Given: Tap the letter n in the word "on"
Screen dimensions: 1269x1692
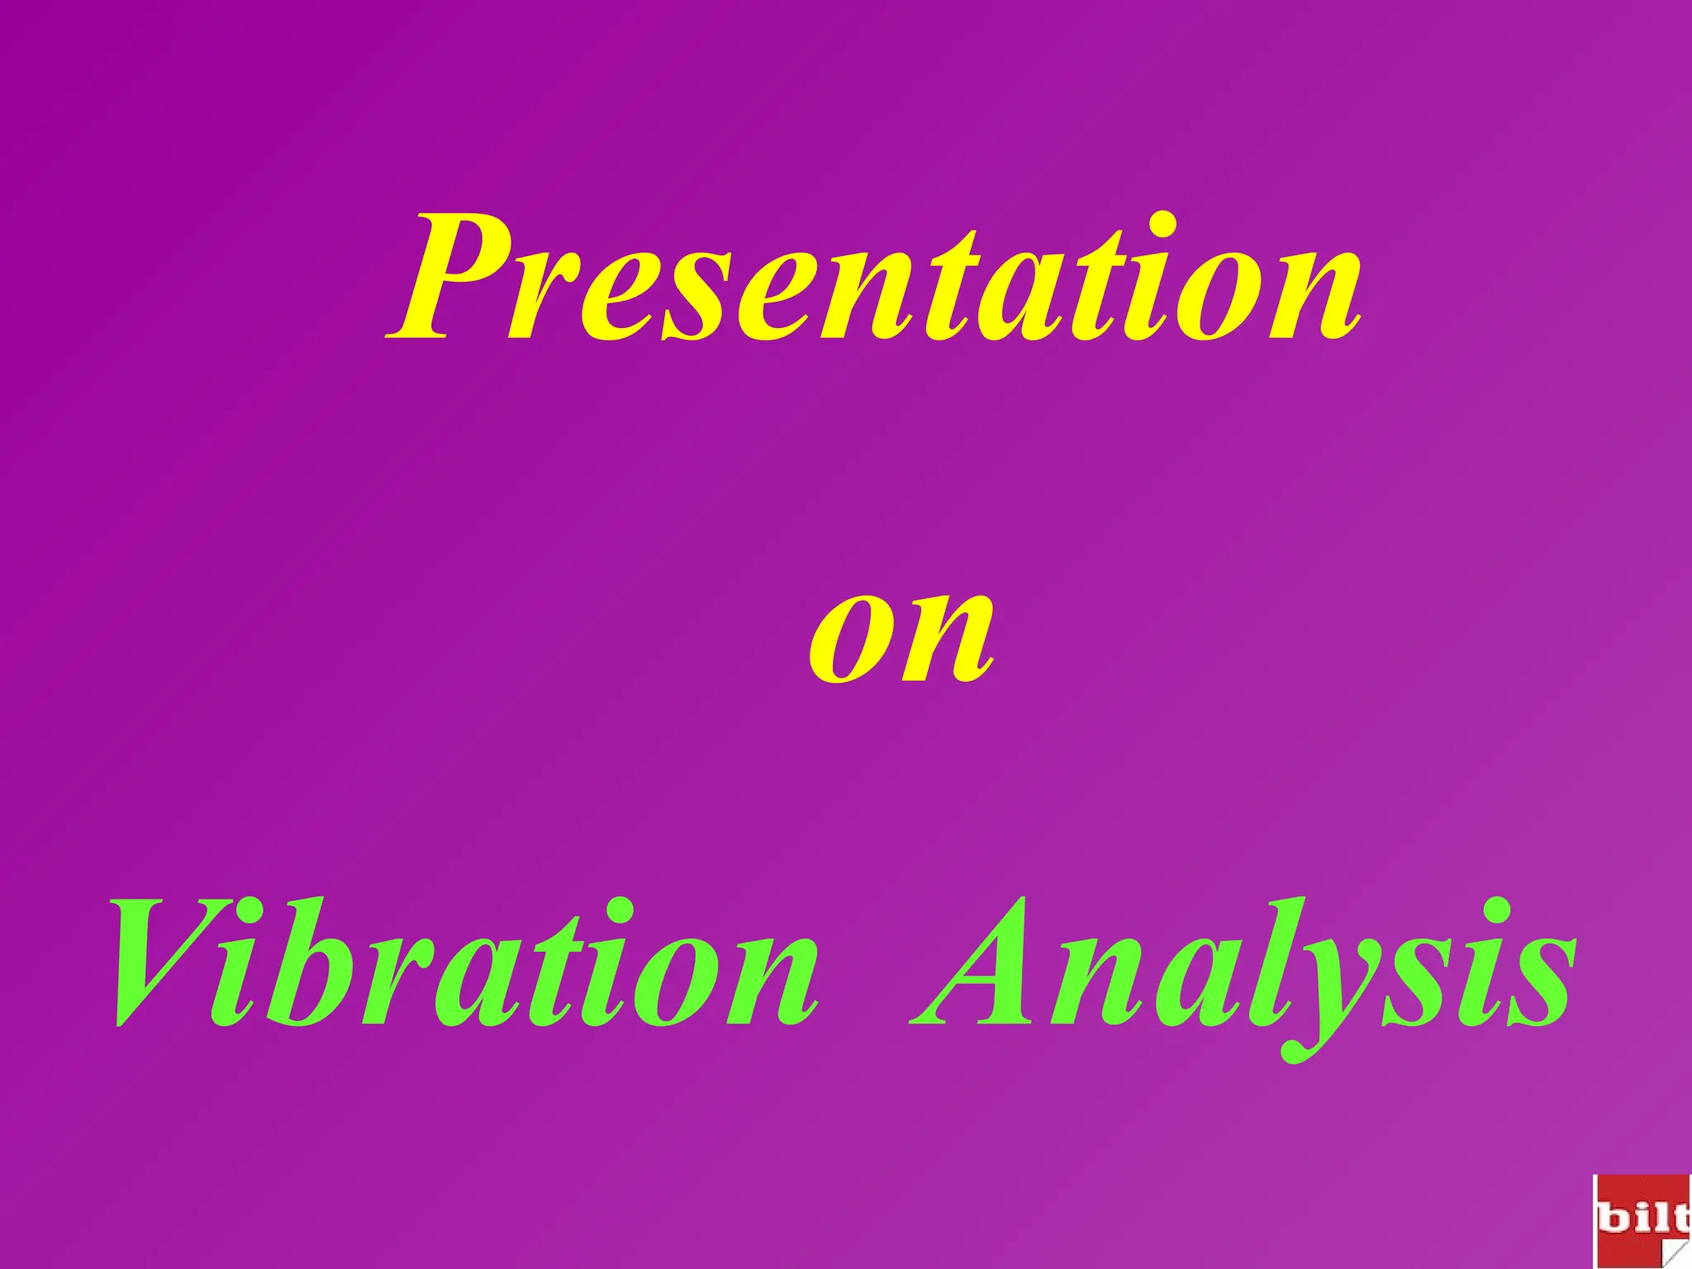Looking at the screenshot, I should point(950,640).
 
